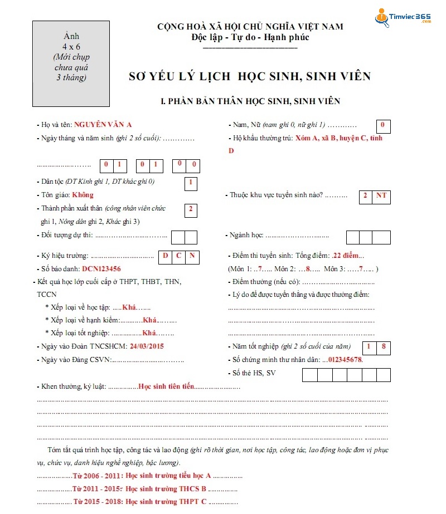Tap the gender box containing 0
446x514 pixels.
click(x=383, y=126)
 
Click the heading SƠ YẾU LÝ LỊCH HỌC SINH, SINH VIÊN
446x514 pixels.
click(x=249, y=76)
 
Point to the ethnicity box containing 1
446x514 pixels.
click(x=191, y=183)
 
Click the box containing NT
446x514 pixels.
click(x=381, y=196)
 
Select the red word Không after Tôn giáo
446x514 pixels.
click(x=83, y=195)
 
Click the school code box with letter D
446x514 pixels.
click(x=165, y=256)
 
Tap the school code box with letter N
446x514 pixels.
click(x=192, y=256)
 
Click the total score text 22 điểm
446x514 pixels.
click(x=347, y=256)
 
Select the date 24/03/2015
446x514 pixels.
click(x=147, y=346)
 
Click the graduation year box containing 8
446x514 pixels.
click(x=383, y=347)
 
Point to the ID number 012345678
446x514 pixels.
click(x=345, y=360)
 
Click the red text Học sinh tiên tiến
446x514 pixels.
click(x=166, y=386)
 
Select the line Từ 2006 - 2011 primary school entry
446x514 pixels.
click(x=142, y=476)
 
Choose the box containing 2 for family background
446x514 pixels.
click(x=191, y=209)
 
